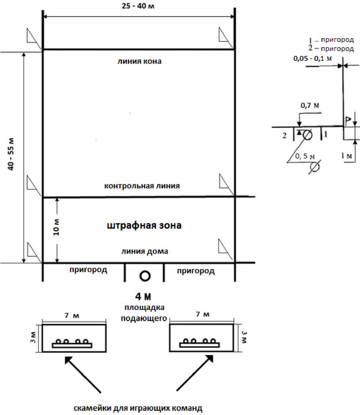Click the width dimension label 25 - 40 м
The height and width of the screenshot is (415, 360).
(x=138, y=6)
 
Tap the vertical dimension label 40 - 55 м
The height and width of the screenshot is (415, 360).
(x=11, y=154)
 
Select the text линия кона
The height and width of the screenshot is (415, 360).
(x=140, y=62)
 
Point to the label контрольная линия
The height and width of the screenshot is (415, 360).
(x=142, y=186)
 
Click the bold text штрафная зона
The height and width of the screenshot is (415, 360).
(x=144, y=225)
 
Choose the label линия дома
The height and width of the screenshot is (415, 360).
(x=145, y=251)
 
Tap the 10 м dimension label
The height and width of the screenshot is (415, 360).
(x=56, y=227)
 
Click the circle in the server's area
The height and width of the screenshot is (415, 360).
(x=145, y=276)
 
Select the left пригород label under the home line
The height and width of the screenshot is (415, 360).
(x=88, y=270)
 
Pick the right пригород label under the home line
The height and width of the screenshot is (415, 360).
(x=196, y=271)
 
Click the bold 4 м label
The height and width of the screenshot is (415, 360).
(x=143, y=297)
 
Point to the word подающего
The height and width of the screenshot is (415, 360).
(x=144, y=318)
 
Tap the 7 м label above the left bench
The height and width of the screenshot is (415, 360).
(x=72, y=316)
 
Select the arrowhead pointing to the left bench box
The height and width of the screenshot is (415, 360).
(x=69, y=360)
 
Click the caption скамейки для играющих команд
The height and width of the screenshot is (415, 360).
(x=138, y=408)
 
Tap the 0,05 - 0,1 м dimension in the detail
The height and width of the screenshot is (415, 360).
(x=313, y=58)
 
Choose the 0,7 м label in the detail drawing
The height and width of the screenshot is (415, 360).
(x=310, y=105)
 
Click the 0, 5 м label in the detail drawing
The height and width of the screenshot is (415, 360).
(x=305, y=156)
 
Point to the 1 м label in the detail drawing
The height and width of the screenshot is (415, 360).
(x=346, y=156)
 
